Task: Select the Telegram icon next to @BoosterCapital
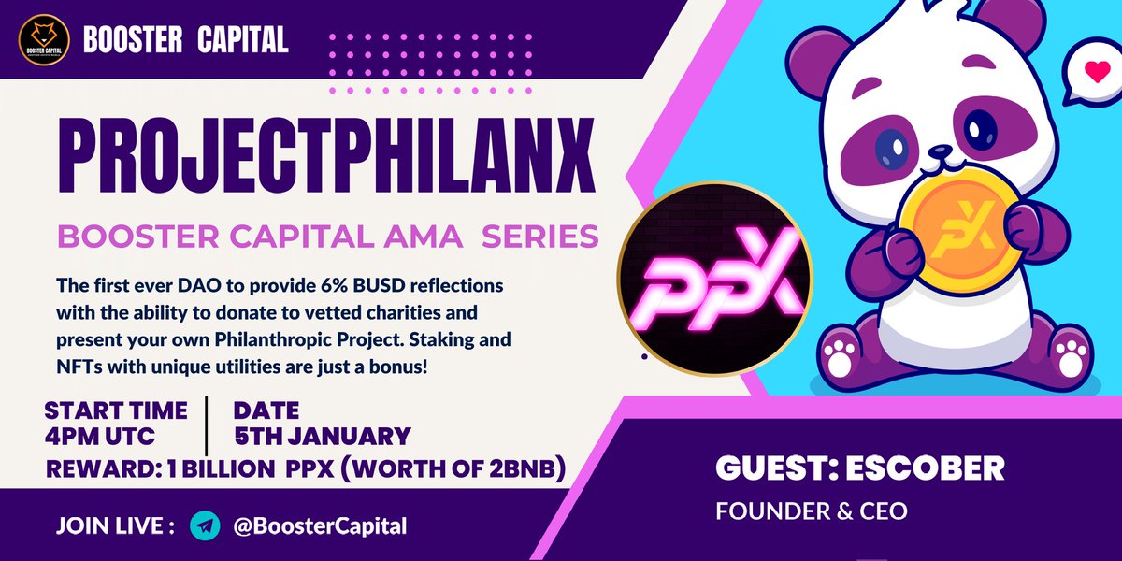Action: pos(204,525)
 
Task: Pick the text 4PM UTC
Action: pos(101,436)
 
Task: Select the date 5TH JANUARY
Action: pos(322,436)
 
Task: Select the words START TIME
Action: pos(115,410)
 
